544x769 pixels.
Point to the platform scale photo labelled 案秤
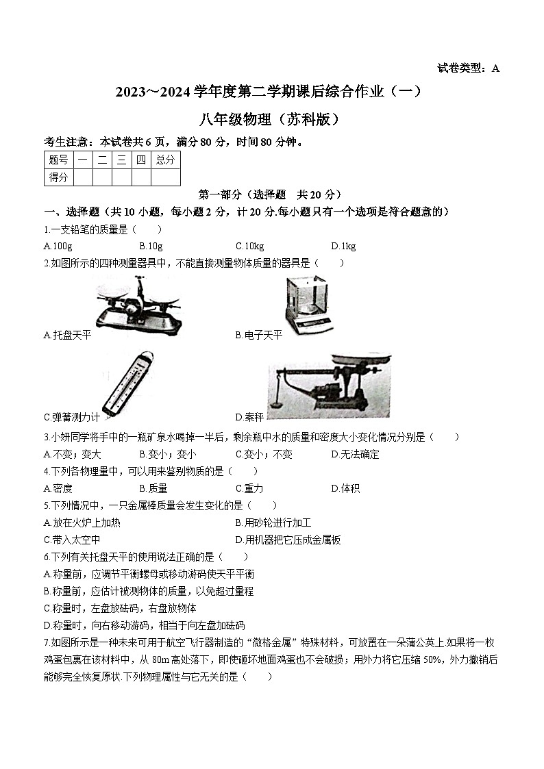coord(329,387)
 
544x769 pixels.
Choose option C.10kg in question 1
coord(249,247)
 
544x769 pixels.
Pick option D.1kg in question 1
coord(343,247)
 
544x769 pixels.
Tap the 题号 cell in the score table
coord(58,160)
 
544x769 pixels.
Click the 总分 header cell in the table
coord(165,160)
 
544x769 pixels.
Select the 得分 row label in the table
coord(58,177)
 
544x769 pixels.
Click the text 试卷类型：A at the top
coord(468,68)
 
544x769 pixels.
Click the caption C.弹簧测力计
coord(71,416)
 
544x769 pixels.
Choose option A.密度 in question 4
coord(58,488)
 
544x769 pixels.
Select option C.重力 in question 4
coord(249,488)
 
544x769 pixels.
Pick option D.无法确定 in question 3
coord(355,454)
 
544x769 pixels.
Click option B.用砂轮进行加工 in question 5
coord(273,522)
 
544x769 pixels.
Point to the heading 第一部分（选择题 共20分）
coord(269,194)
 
